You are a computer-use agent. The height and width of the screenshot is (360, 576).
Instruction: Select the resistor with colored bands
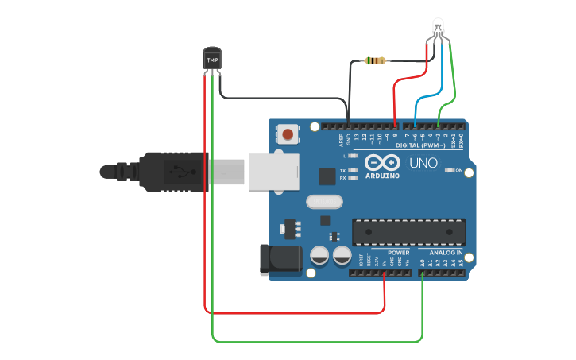373,60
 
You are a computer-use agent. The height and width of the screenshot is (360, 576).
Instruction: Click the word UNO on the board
423,163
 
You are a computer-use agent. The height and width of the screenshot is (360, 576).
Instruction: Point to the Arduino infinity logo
382,162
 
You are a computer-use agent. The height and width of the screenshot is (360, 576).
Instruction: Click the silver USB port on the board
273,172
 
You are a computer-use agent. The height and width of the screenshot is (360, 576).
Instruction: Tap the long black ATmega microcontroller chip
408,231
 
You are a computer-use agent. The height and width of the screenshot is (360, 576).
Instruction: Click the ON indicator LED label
459,170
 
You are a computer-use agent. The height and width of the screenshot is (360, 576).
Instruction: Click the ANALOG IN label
446,253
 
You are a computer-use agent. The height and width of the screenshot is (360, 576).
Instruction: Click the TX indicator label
342,171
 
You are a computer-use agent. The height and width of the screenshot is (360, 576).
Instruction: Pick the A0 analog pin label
422,262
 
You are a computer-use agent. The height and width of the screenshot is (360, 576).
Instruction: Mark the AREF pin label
342,140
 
